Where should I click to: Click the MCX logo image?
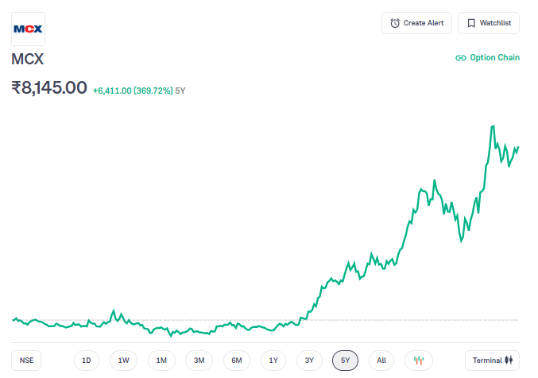tap(28, 29)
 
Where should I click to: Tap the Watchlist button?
tap(490, 23)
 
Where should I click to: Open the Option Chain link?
tap(487, 58)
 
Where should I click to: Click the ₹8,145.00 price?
tap(49, 87)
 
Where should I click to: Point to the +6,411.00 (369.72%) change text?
tap(133, 91)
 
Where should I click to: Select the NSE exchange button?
tap(27, 361)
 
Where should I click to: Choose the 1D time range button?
tap(87, 361)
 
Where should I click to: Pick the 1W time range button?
tap(124, 361)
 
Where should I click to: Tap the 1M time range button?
tap(161, 361)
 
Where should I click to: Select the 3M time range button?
tap(199, 361)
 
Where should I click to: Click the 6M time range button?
tap(237, 361)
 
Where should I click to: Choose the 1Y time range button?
tap(273, 361)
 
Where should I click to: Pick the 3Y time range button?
tap(310, 361)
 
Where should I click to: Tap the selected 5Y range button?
tap(345, 361)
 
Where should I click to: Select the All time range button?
tap(381, 361)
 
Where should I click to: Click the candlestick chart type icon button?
tap(419, 361)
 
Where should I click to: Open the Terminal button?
tap(493, 361)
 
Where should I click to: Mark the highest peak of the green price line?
tap(493, 125)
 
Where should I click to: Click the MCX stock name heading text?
tap(28, 60)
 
